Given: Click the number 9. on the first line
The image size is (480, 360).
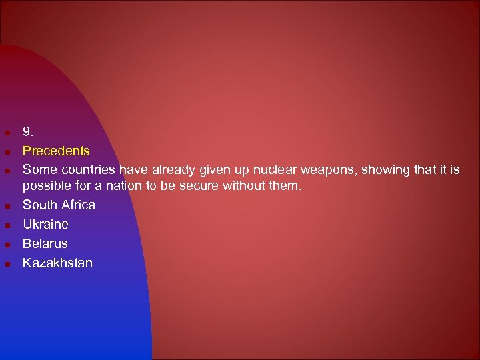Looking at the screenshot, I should pyautogui.click(x=29, y=132).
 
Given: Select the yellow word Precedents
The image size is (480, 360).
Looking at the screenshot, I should pyautogui.click(x=56, y=151).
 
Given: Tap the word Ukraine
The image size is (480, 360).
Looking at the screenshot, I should pyautogui.click(x=45, y=224).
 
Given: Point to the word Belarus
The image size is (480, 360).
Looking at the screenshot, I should pyautogui.click(x=45, y=243).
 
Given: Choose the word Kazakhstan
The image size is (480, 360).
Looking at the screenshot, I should pyautogui.click(x=57, y=263).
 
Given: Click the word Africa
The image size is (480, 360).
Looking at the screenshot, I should pyautogui.click(x=77, y=205).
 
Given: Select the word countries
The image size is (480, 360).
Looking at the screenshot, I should pyautogui.click(x=87, y=170).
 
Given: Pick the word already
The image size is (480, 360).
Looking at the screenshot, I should pyautogui.click(x=173, y=171).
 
